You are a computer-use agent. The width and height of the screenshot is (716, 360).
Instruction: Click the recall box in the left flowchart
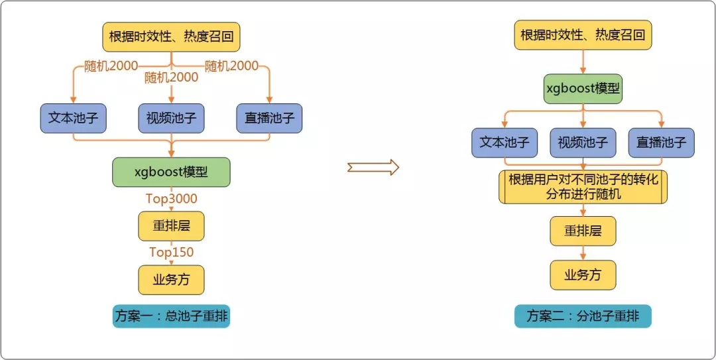171,36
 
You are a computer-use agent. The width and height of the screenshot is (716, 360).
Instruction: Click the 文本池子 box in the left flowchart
73,119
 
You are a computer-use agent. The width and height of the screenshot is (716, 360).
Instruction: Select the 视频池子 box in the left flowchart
171,119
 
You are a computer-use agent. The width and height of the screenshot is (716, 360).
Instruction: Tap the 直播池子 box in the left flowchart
269,119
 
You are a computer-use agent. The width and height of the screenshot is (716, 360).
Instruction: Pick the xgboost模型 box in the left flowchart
171,172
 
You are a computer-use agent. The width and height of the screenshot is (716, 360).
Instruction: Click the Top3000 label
171,198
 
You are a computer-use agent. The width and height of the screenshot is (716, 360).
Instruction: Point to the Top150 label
171,252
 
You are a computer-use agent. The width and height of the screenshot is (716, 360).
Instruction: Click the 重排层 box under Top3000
171,225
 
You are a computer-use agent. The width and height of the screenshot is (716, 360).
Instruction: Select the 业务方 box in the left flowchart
171,279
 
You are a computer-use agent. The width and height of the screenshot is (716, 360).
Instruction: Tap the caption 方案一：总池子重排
171,316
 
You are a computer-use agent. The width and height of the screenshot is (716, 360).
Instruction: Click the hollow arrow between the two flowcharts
373,167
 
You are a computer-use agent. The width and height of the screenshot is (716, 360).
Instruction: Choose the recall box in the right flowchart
583,35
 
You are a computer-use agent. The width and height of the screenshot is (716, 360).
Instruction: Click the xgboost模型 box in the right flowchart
583,88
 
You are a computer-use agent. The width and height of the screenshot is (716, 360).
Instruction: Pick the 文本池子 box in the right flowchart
505,142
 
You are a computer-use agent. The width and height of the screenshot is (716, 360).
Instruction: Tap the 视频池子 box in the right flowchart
583,142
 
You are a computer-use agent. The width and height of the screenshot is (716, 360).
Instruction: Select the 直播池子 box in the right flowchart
661,142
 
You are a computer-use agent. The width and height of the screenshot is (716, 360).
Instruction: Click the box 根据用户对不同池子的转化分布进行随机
583,187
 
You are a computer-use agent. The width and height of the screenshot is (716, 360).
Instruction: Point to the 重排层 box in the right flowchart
583,231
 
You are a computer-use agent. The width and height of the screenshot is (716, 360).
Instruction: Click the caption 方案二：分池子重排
583,316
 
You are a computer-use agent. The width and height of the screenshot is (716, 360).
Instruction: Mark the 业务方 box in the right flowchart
583,274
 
